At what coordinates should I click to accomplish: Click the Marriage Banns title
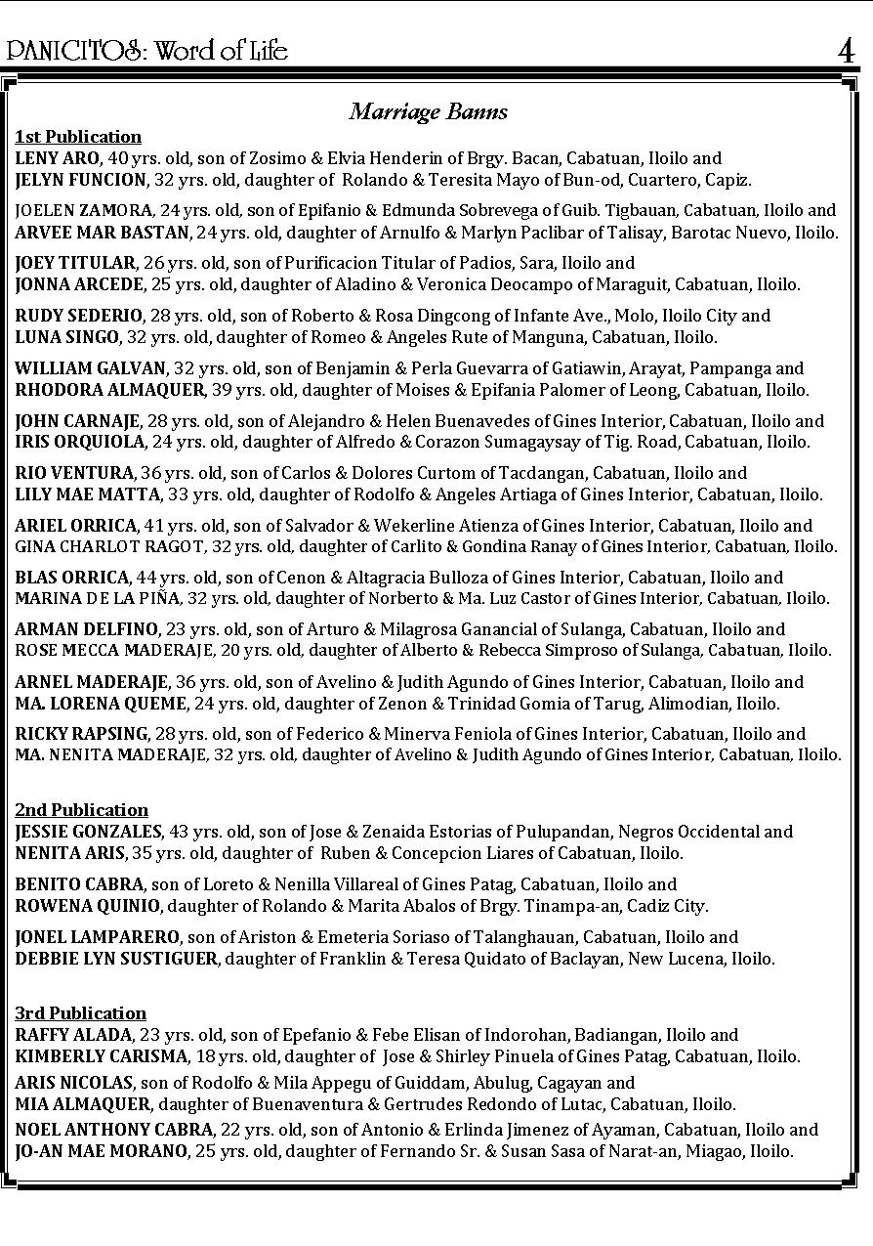[x=429, y=111]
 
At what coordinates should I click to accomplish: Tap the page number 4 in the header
[x=846, y=51]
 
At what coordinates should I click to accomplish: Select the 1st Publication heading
[x=78, y=137]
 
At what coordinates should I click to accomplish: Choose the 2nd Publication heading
[x=81, y=810]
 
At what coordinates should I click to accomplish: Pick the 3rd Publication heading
[x=80, y=1013]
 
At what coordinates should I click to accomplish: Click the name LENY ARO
[x=57, y=158]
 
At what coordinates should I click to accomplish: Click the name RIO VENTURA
[x=73, y=473]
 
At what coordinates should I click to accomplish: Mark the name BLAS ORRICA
[x=71, y=578]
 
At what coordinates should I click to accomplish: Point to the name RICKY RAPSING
[x=81, y=733]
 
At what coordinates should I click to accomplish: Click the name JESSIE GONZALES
[x=88, y=832]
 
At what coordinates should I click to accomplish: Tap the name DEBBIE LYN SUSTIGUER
[x=116, y=959]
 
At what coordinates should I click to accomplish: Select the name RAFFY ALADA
[x=73, y=1035]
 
